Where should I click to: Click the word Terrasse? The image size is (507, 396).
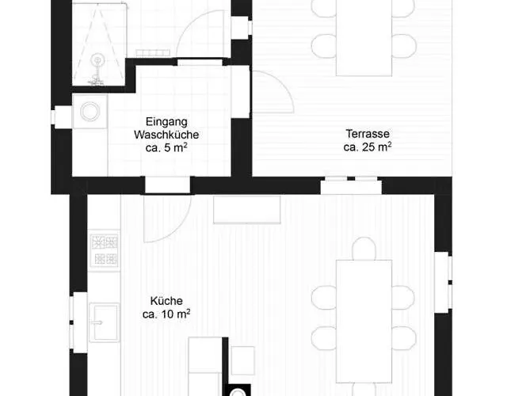click(x=368, y=134)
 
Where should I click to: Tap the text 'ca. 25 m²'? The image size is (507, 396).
click(x=368, y=147)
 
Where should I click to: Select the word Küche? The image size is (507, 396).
click(x=166, y=301)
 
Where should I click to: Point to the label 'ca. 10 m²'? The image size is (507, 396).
click(x=166, y=314)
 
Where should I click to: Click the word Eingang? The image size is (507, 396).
click(x=166, y=122)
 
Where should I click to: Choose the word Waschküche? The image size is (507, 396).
click(x=166, y=135)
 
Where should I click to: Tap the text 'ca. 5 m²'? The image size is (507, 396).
click(x=166, y=148)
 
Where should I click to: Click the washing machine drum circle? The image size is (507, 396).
click(x=90, y=111)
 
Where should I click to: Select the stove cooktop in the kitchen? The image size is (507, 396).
click(x=105, y=250)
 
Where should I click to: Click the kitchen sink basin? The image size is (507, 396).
click(x=105, y=322)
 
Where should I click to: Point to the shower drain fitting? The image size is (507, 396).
click(x=97, y=60)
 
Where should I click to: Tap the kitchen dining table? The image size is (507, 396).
click(x=364, y=322)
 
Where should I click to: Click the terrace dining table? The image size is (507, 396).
click(x=364, y=38)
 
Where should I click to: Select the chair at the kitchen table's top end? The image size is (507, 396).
click(x=364, y=249)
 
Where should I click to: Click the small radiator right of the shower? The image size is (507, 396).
click(x=153, y=53)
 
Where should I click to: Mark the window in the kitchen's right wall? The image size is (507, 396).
click(x=443, y=283)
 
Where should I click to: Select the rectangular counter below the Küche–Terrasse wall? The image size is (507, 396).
click(x=246, y=209)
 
